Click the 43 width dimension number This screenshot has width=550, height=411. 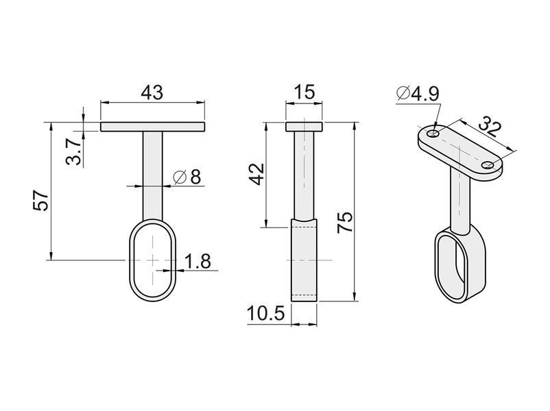(152, 93)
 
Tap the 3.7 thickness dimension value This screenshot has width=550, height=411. (73, 151)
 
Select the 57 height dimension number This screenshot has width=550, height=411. (40, 201)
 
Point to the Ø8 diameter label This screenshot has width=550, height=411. (187, 177)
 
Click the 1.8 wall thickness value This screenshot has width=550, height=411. (198, 262)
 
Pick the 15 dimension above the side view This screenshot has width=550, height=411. (304, 92)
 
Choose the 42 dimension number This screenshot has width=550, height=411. (256, 174)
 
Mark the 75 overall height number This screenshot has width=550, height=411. (344, 223)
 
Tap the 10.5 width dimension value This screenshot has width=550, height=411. (265, 313)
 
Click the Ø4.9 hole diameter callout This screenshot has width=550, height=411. (418, 94)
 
